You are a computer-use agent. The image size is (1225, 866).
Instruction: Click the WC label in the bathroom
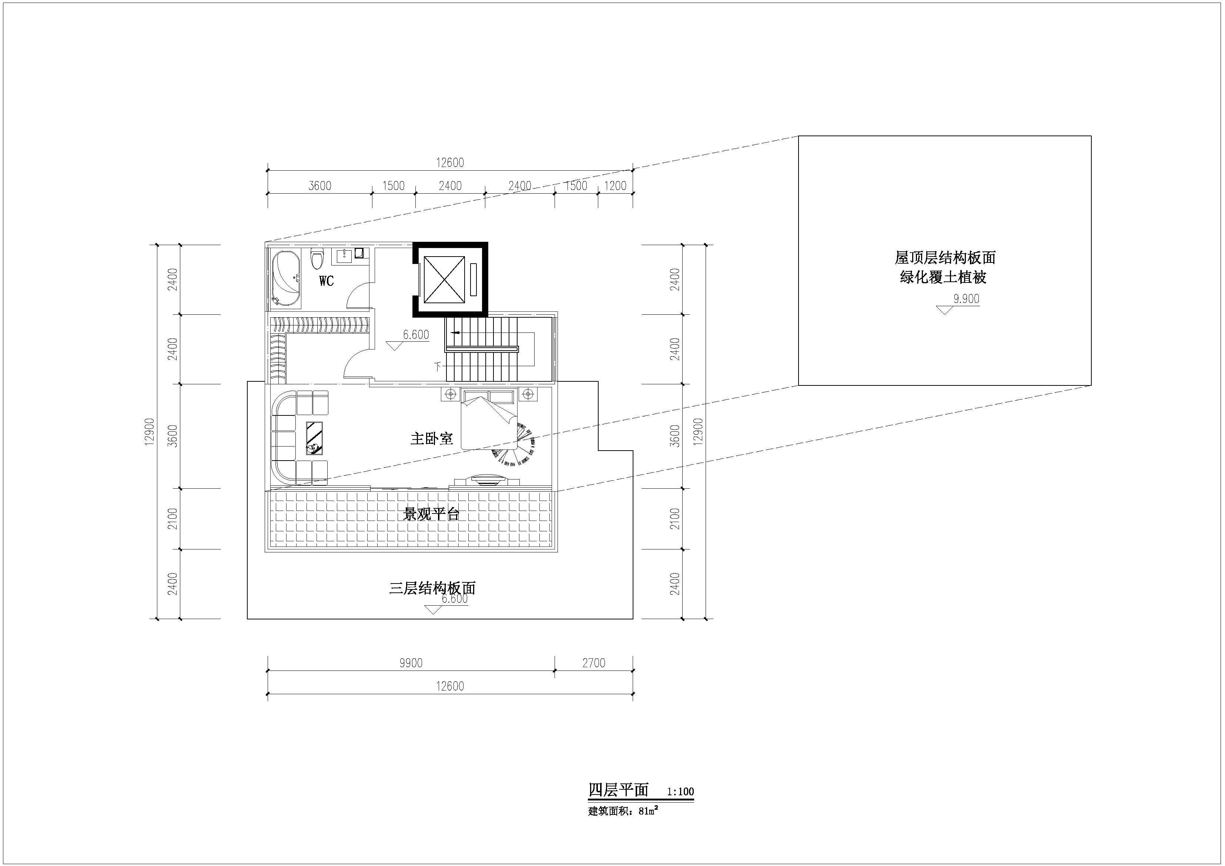point(327,281)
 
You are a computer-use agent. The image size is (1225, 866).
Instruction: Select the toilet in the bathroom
point(317,259)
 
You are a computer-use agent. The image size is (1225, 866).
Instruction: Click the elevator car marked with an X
point(444,279)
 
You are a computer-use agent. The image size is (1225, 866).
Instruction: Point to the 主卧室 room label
point(432,439)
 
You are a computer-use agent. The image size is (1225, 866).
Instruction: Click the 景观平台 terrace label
point(431,514)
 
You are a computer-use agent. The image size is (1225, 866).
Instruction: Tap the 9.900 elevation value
point(967,299)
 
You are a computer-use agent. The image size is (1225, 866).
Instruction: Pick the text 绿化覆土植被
point(943,277)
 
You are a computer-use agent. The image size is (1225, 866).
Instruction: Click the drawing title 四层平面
point(618,790)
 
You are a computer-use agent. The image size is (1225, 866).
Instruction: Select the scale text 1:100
point(680,792)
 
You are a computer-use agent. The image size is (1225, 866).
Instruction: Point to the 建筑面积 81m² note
point(623,811)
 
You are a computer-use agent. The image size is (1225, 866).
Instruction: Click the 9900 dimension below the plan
point(411,663)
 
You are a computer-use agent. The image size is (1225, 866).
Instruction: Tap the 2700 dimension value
point(594,663)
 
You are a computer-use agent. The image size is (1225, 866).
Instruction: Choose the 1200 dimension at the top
point(615,186)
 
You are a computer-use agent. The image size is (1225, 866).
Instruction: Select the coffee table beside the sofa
point(314,438)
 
